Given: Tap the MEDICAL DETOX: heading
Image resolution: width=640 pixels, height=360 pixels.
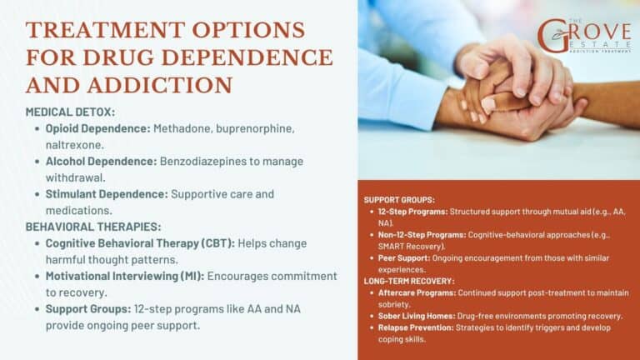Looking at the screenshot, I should click(71, 112).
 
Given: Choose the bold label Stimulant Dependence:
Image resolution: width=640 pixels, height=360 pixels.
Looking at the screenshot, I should click(107, 193).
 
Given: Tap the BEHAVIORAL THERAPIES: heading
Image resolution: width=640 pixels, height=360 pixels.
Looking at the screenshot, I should click(92, 226).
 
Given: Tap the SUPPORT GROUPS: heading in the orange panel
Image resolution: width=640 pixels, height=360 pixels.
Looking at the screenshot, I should click(399, 200).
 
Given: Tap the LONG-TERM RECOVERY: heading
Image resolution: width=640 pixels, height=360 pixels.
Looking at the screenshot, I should click(410, 281).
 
